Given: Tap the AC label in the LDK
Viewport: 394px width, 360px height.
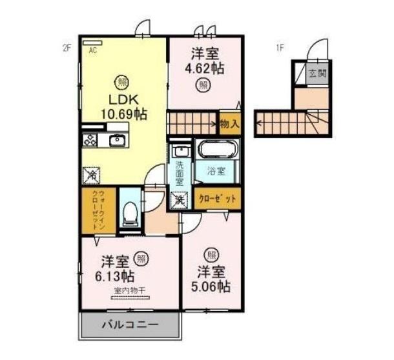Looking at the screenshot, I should [93, 50].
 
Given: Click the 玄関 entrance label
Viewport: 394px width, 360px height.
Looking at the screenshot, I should [316, 73].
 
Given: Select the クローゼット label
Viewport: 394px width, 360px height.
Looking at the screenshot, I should [217, 199].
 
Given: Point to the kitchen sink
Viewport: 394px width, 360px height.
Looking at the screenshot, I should [118, 140].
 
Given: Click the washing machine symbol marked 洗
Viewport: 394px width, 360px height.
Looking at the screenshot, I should [179, 200].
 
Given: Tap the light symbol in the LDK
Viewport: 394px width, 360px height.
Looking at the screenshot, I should [120, 81].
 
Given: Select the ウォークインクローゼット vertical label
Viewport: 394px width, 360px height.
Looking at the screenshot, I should [98, 210].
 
